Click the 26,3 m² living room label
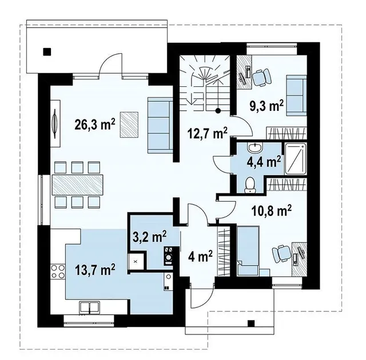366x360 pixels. coord(95,125)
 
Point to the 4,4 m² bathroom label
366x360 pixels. coord(264,161)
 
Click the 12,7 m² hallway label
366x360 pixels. coord(207,133)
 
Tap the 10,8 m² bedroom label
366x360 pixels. coord(272,210)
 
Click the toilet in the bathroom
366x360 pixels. coord(250,186)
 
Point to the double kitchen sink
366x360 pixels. coord(90,307)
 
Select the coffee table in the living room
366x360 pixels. coord(129,125)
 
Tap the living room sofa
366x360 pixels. coord(160,126)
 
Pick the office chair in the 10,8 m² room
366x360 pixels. coord(281,254)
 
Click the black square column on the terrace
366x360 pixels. coord(47,51)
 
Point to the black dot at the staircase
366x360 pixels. coord(218,111)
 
